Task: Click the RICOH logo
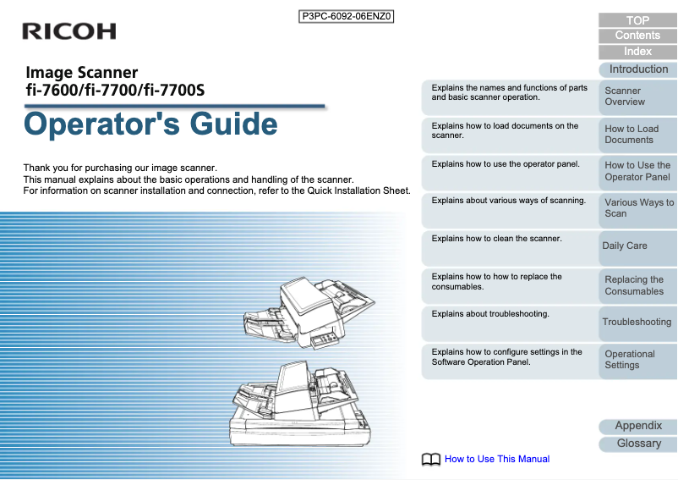69,31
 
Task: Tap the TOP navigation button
637,20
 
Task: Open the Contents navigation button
637,36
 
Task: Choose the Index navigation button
637,52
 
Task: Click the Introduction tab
638,69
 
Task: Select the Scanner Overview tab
637,97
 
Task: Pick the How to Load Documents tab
637,135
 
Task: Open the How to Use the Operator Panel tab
637,171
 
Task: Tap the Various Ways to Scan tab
637,208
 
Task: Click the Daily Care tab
637,246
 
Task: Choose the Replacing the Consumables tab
637,285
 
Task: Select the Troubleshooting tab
637,322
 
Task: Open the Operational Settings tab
637,360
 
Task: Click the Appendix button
638,426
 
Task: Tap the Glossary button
638,444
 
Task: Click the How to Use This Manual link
497,459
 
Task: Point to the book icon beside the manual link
431,460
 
